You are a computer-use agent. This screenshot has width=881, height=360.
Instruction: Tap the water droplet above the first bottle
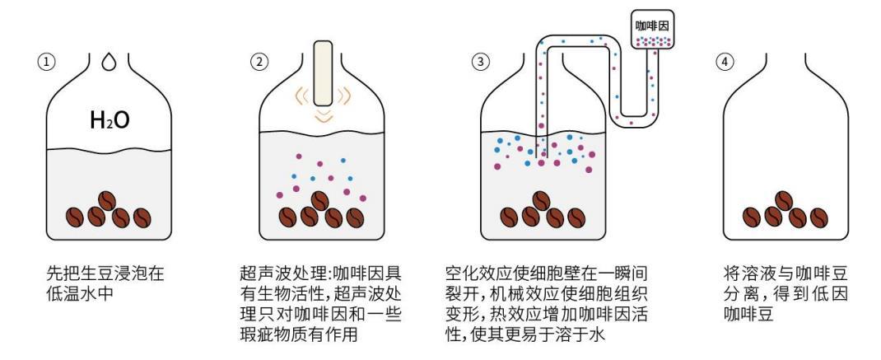[x=110, y=63]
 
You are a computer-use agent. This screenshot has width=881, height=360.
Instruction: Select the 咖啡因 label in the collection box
[x=652, y=26]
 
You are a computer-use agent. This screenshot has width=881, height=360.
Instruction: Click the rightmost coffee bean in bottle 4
[x=818, y=217]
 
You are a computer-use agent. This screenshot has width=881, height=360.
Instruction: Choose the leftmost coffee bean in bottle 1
[x=75, y=217]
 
